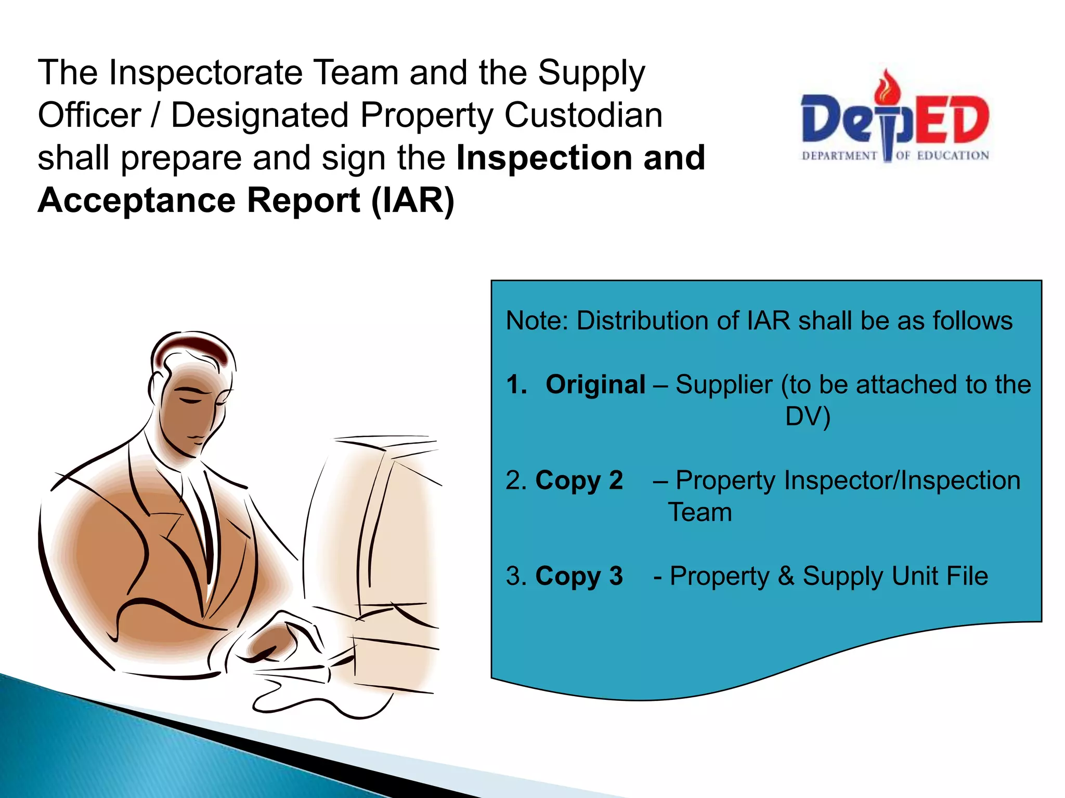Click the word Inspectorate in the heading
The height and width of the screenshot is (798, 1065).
[205, 73]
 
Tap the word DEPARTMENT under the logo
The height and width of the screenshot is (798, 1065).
[839, 156]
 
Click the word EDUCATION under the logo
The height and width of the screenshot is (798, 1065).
[953, 155]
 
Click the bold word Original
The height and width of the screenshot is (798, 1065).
[595, 385]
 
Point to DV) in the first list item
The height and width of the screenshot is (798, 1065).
[808, 417]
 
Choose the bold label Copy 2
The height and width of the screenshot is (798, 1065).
[579, 481]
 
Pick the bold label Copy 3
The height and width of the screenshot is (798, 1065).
[579, 576]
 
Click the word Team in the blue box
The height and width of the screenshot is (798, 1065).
[700, 513]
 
